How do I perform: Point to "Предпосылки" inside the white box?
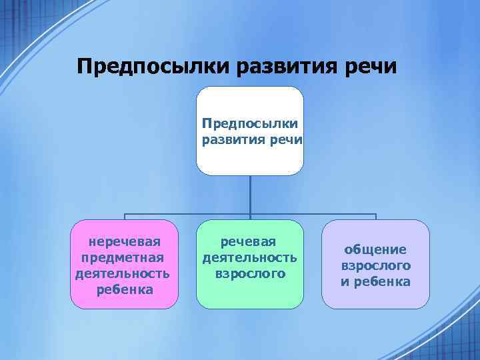click(250, 123)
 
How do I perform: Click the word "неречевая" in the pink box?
click(125, 240)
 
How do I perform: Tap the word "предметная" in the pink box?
click(125, 257)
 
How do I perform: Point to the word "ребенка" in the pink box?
click(125, 289)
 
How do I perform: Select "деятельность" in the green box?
click(250, 257)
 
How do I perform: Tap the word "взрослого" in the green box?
click(250, 273)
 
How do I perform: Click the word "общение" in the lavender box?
click(376, 249)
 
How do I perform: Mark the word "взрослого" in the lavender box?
click(376, 265)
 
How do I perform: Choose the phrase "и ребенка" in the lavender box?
click(376, 281)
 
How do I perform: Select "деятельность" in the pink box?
click(125, 273)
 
